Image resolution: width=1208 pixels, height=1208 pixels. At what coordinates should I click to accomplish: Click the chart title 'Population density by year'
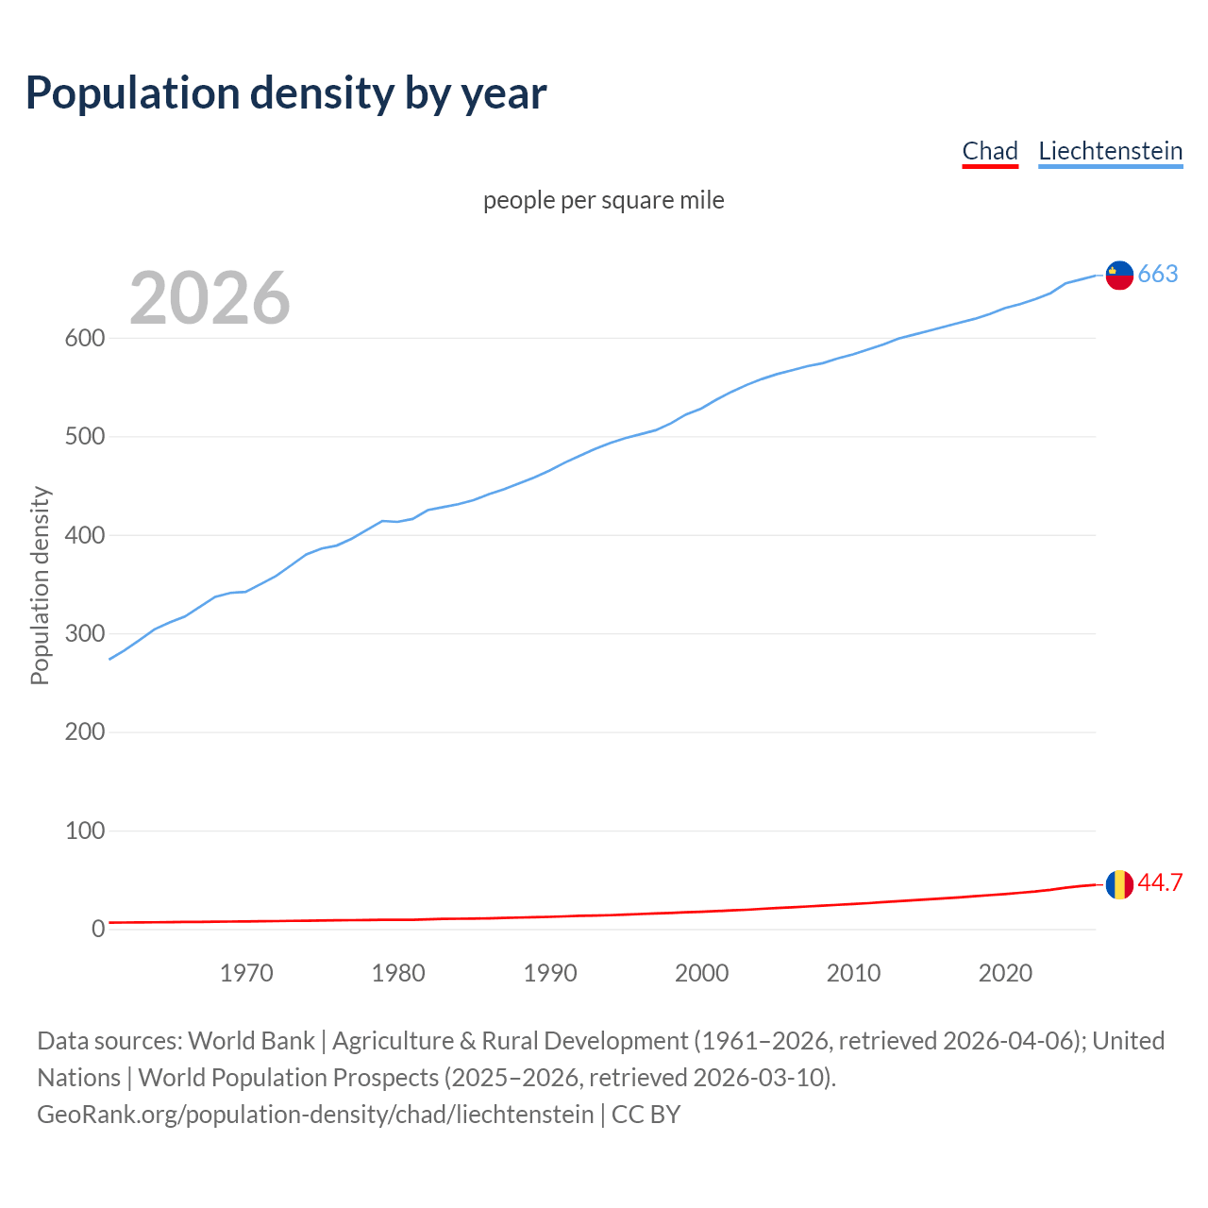click(286, 92)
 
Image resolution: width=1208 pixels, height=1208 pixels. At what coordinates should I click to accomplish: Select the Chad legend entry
click(990, 151)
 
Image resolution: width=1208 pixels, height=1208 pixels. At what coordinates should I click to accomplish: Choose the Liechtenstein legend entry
click(1110, 151)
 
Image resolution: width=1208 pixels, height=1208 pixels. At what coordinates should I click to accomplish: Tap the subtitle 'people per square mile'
click(603, 201)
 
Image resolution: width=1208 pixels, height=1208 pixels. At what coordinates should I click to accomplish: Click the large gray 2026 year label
click(210, 298)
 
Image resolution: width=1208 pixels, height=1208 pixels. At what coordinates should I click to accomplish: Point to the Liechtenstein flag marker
click(1119, 275)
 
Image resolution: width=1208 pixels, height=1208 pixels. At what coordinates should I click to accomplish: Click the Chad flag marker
click(1119, 884)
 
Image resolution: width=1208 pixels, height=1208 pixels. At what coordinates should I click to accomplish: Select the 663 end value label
click(1158, 275)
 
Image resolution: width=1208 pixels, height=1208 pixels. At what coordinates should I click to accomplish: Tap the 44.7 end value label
click(1160, 883)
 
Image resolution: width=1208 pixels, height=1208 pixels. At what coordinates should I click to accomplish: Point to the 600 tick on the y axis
click(84, 339)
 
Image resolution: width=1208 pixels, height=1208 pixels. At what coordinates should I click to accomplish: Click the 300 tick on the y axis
click(84, 633)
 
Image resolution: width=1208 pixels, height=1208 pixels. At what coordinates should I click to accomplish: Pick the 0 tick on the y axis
click(97, 930)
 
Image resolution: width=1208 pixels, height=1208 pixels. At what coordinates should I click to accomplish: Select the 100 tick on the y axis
click(84, 831)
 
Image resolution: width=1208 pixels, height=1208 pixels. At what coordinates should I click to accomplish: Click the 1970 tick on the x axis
click(246, 973)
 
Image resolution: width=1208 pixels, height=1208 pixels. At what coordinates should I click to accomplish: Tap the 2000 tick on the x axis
click(701, 973)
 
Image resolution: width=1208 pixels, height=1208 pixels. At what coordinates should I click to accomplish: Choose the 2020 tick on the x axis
click(1005, 973)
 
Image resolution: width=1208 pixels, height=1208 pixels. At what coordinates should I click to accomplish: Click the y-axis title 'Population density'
click(40, 585)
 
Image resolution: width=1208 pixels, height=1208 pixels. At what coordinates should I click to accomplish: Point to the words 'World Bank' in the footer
click(251, 1041)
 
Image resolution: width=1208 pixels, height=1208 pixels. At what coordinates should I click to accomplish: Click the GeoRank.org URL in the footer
click(315, 1115)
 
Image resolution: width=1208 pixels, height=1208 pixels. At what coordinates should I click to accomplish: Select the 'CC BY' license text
click(646, 1115)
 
